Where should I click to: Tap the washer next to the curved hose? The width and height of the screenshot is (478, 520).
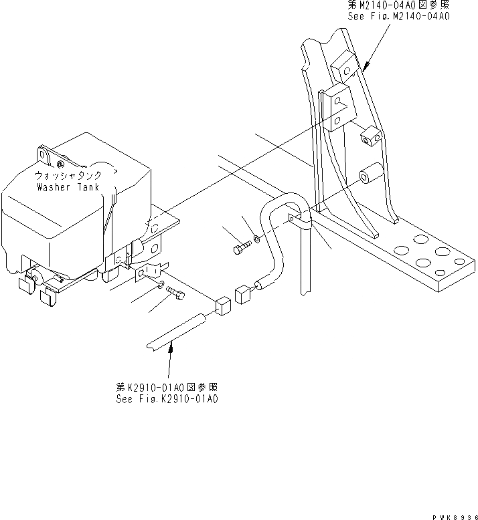258,239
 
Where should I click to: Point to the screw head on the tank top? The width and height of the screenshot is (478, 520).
61,164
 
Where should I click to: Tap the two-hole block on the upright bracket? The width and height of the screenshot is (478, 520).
335,106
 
